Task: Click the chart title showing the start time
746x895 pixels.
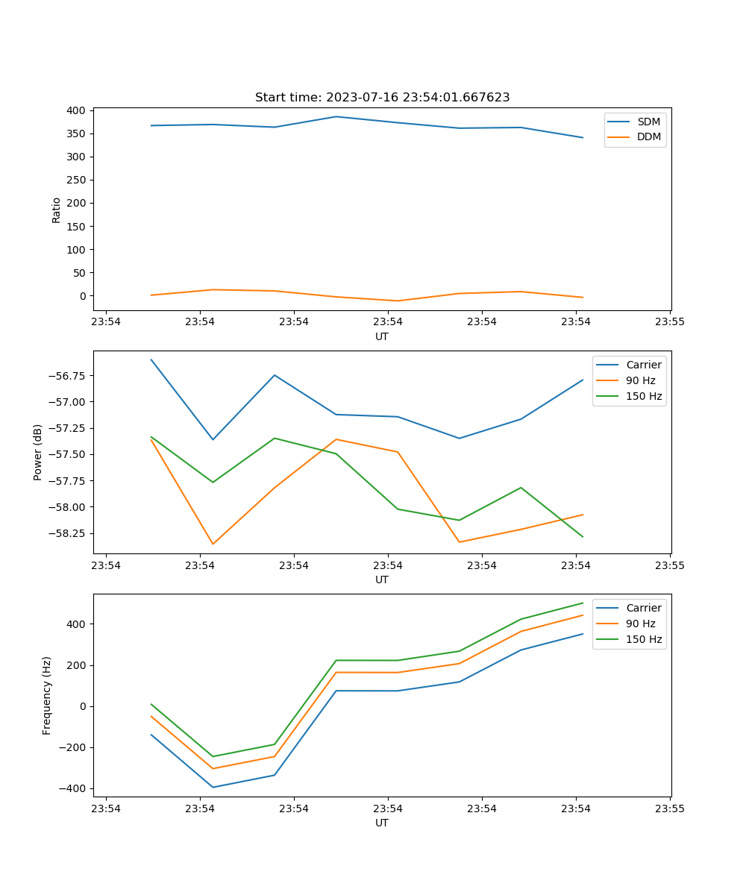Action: [x=382, y=98]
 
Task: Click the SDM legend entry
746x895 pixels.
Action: [x=648, y=122]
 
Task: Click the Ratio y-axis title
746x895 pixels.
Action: [x=57, y=210]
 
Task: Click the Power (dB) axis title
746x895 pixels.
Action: [x=38, y=452]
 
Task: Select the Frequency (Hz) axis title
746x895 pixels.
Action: [x=47, y=695]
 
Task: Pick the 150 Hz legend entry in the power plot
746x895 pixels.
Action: [x=644, y=396]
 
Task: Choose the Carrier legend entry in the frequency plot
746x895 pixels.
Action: [x=643, y=608]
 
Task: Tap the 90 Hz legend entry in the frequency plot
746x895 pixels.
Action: [x=641, y=624]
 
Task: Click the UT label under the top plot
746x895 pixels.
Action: [x=382, y=336]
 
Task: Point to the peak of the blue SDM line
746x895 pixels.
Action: [x=336, y=116]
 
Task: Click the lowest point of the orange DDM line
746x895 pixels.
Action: [x=398, y=301]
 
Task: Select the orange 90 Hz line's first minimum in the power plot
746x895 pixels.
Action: [x=213, y=544]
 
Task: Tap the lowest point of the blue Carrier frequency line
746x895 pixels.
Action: [x=213, y=787]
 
